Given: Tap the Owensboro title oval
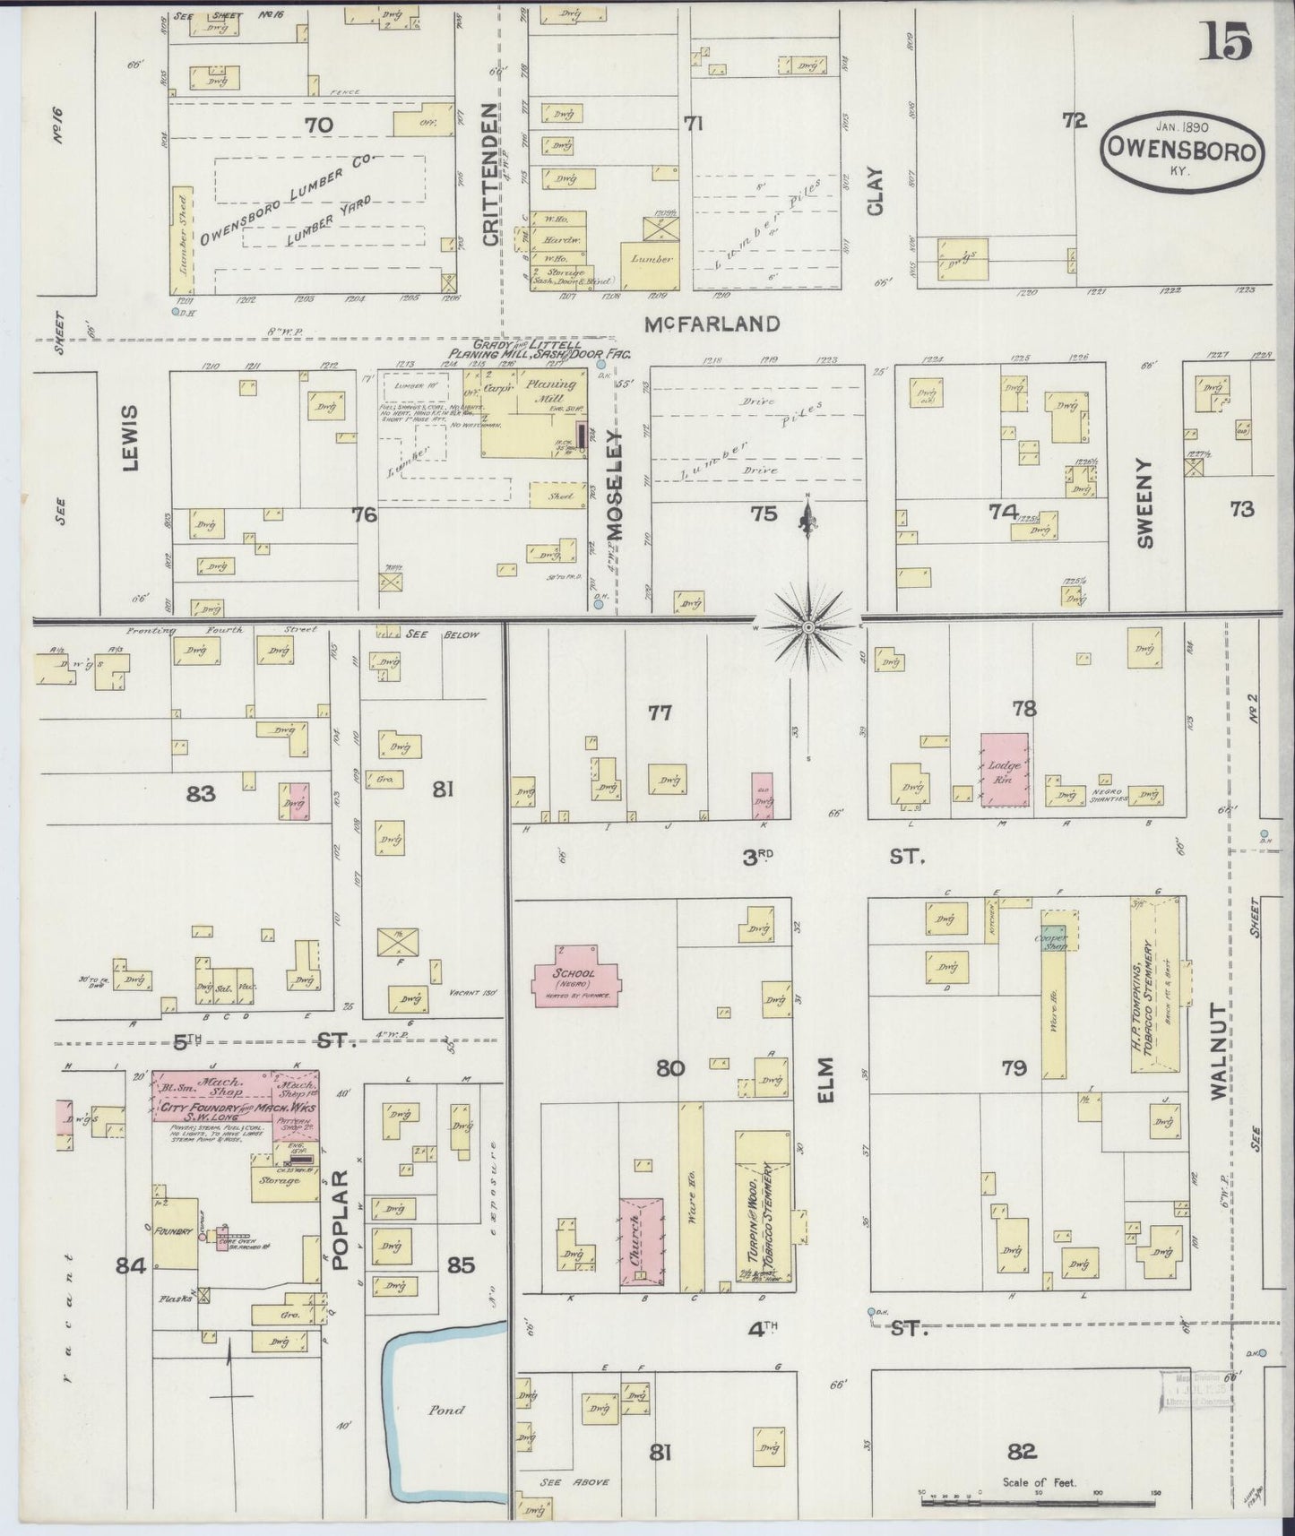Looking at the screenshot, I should (1183, 151).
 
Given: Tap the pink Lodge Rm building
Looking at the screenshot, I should (1004, 769).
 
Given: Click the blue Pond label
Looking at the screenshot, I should (446, 1410).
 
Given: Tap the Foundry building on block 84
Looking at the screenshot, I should (175, 1232).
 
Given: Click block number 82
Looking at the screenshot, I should (1023, 1452).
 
